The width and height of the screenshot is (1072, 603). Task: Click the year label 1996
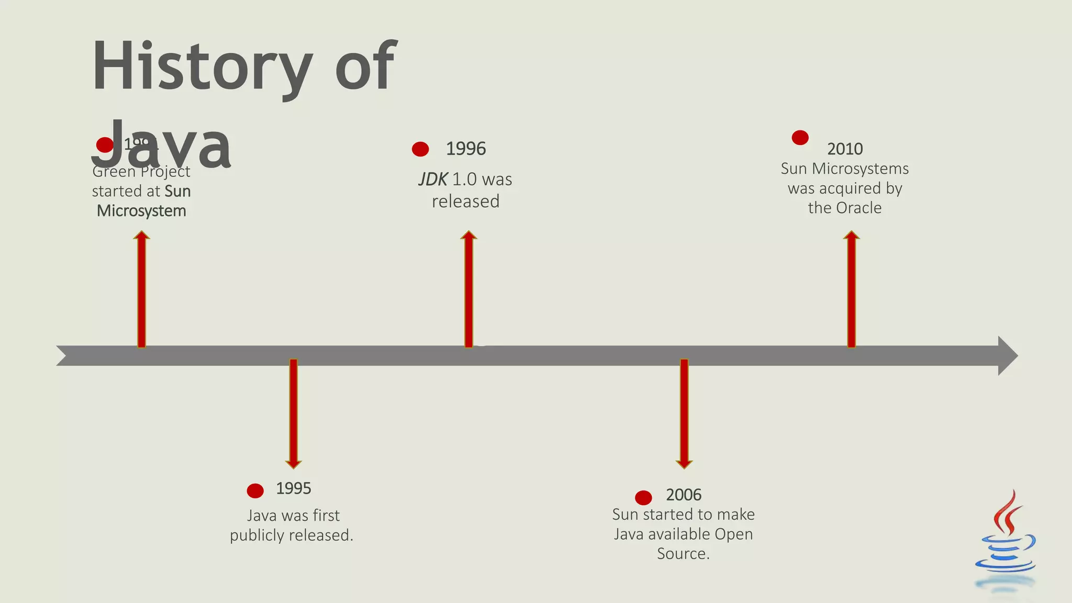(465, 149)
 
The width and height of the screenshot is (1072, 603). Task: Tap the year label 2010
(845, 149)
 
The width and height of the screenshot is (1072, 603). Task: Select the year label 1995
(293, 488)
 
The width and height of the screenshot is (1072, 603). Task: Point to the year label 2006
(683, 495)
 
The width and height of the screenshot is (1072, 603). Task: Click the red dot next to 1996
(420, 149)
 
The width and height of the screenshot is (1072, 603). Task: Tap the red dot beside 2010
(800, 138)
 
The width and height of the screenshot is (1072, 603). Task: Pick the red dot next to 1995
(255, 491)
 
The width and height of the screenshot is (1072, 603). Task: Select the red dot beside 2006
(643, 497)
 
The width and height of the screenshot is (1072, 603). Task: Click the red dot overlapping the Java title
(105, 144)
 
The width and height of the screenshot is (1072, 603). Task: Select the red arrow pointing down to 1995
(293, 414)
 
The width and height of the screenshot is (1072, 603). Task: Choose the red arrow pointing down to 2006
(684, 414)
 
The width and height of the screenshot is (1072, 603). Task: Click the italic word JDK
(433, 180)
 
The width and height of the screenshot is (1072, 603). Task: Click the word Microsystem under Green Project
(141, 211)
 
